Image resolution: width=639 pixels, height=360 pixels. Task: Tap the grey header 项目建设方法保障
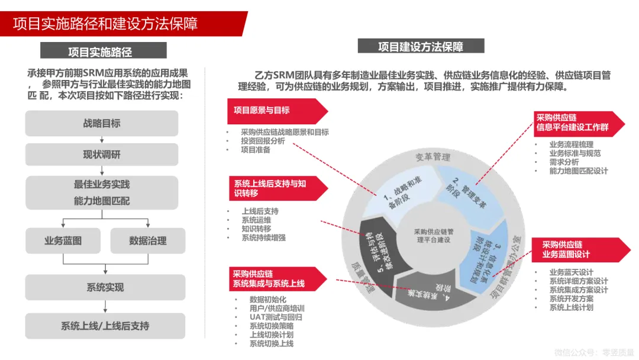(x=421, y=47)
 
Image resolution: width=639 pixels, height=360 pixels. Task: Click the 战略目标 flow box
(x=102, y=123)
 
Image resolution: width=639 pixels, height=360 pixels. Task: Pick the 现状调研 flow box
(x=102, y=155)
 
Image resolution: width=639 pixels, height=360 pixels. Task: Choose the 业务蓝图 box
(x=63, y=240)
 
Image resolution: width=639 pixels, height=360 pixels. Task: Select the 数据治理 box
(x=148, y=240)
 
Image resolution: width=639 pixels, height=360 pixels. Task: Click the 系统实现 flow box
(x=105, y=287)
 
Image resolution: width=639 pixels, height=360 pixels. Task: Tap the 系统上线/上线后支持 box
(x=105, y=326)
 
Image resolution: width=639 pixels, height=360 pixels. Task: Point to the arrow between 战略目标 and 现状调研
(x=102, y=140)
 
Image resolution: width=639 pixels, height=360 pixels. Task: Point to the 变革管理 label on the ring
(x=433, y=157)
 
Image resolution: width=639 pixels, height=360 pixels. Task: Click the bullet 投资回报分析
(x=263, y=141)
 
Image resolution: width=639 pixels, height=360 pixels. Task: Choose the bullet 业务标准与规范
(x=575, y=153)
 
